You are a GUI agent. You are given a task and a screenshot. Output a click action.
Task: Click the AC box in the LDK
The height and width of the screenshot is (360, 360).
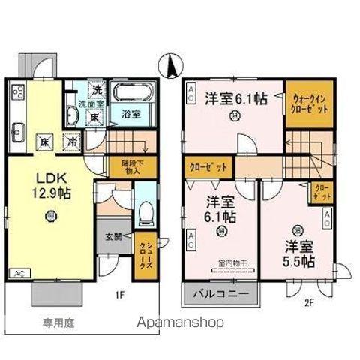coord(19,274)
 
